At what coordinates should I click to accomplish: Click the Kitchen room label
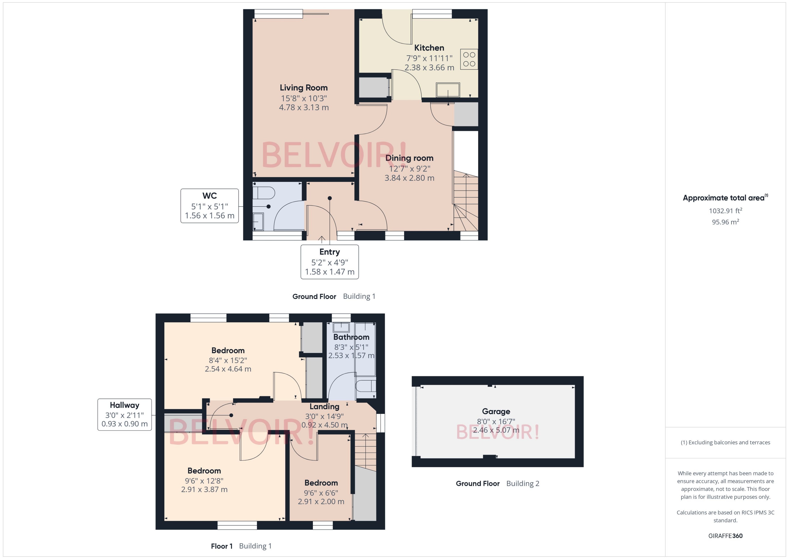[x=429, y=48]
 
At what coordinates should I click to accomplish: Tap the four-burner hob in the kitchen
[x=469, y=59]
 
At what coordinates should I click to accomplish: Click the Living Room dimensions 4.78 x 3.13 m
[x=304, y=107]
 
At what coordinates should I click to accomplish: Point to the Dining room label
[x=409, y=158]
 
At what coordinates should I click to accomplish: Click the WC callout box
[x=209, y=206]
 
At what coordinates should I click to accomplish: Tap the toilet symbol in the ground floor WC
[x=264, y=193]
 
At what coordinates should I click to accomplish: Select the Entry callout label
[x=329, y=262]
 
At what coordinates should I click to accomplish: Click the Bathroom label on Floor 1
[x=351, y=337]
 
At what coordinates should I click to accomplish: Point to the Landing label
[x=324, y=406]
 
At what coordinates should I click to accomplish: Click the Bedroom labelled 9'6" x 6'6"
[x=321, y=483]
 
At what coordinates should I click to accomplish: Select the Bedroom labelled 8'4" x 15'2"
[x=228, y=350]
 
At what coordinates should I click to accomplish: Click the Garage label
[x=496, y=411]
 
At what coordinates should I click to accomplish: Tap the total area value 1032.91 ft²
[x=725, y=211]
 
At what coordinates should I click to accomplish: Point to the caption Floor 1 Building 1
[x=241, y=546]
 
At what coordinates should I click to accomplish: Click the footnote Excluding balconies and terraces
[x=725, y=442]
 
